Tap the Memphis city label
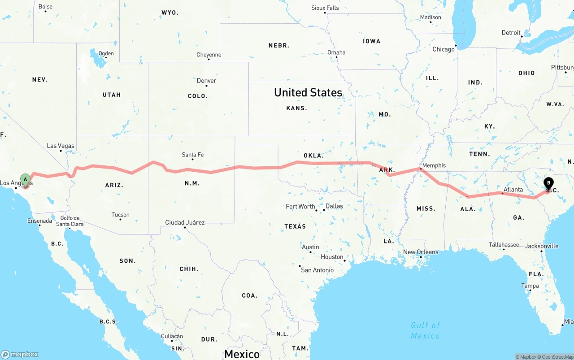(434, 165)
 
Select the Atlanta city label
(513, 190)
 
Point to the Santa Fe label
(192, 155)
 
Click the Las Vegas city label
(61, 146)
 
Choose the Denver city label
(206, 81)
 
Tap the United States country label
(308, 92)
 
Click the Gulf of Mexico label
(425, 330)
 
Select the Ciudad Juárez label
(185, 222)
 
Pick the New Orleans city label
(421, 252)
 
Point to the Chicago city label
(443, 49)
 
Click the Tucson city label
(120, 215)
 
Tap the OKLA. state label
(313, 156)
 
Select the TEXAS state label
(295, 226)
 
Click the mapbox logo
(20, 354)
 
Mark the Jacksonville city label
(541, 246)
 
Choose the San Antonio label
(317, 270)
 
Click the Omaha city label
(336, 52)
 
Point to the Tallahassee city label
(504, 245)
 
